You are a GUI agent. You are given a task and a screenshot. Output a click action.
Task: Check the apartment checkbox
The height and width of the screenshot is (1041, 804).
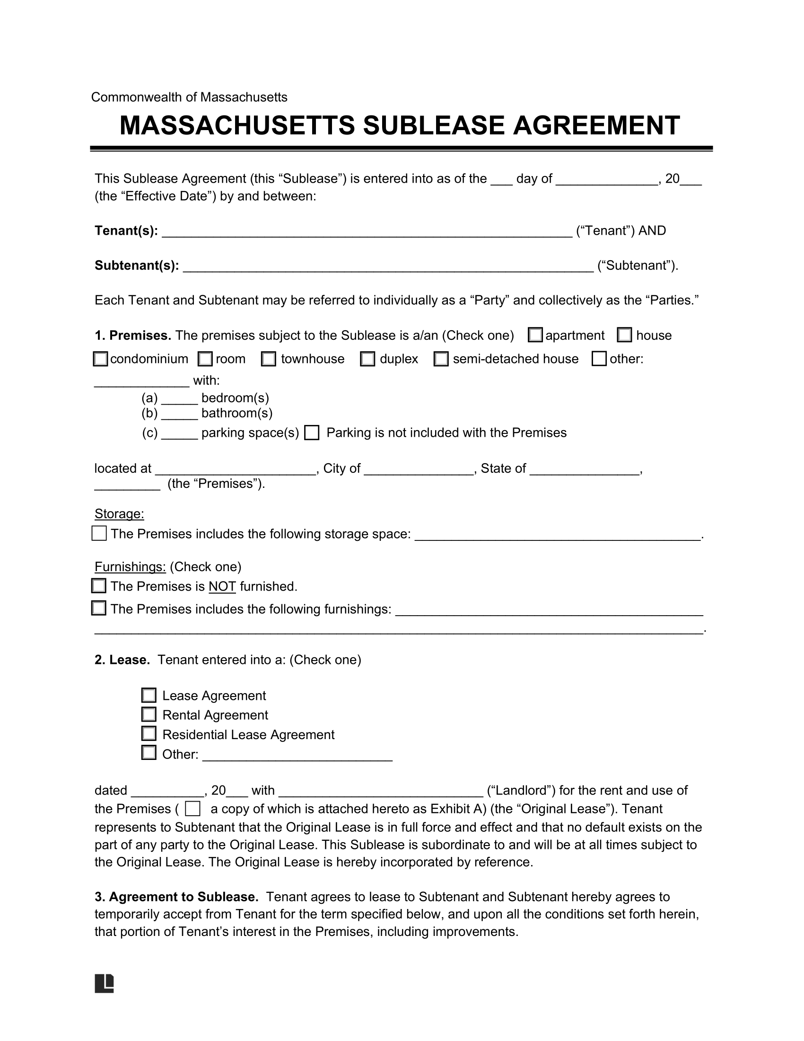(535, 335)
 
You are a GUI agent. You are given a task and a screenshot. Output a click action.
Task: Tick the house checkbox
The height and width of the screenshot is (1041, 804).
(624, 335)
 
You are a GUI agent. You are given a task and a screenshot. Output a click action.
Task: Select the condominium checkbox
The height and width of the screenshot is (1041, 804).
(100, 359)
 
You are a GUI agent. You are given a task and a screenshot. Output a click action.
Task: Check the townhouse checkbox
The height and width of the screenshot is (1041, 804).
(269, 359)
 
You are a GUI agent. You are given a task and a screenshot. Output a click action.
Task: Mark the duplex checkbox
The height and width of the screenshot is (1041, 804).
(367, 359)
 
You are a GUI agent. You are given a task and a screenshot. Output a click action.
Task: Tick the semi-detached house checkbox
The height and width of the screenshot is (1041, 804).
(441, 359)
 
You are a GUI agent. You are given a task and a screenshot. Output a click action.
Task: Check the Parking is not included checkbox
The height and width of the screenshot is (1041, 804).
(312, 433)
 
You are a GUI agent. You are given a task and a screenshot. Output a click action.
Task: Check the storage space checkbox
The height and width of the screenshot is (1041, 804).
(99, 533)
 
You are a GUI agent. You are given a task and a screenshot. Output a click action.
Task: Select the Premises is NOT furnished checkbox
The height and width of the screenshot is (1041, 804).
(98, 586)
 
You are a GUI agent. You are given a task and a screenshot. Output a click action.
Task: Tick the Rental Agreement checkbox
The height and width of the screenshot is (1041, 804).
(149, 715)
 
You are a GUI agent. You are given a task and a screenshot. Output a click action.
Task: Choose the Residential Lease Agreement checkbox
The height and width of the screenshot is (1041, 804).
(149, 734)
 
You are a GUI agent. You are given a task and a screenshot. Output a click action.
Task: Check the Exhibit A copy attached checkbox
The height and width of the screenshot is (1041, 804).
(192, 809)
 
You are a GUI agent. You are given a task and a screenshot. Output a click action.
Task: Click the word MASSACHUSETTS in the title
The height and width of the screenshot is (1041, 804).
(237, 126)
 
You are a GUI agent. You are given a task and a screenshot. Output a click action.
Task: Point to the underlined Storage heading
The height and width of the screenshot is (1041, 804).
(119, 514)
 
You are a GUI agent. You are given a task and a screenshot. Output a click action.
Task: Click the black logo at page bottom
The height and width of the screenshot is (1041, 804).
(105, 983)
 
